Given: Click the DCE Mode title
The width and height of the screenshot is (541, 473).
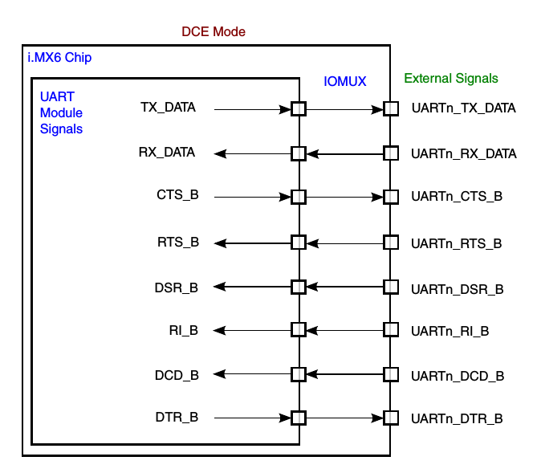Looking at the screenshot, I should [214, 32].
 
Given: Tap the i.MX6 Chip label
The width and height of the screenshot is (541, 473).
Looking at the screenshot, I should [60, 59].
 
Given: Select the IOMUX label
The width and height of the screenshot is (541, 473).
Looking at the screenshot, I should [344, 81].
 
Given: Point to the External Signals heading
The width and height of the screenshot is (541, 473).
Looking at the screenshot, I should [451, 79].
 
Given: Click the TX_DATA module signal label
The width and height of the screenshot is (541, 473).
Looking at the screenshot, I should [168, 108].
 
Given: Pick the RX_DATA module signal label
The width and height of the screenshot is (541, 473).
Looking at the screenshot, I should [167, 152].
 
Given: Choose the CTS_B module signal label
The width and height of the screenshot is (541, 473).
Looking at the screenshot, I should [177, 196].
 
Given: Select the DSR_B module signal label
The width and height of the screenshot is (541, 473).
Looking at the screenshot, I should [177, 286].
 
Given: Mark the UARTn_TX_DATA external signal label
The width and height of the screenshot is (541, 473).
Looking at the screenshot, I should [463, 108].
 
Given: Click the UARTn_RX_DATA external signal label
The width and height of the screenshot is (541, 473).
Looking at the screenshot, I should [463, 153].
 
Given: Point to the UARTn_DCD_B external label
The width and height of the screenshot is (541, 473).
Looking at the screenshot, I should [458, 375].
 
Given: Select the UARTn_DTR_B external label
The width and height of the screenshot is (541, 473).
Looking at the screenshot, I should [458, 418].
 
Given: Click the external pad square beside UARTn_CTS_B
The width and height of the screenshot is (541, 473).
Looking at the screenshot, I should [391, 197].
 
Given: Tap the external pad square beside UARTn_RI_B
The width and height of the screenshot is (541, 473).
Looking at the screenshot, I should [391, 330].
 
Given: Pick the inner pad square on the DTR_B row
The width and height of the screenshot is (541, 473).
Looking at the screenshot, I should [299, 418].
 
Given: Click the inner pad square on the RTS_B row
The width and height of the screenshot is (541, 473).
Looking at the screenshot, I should [299, 242].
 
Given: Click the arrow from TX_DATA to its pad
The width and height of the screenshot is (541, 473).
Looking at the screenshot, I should [253, 108].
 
